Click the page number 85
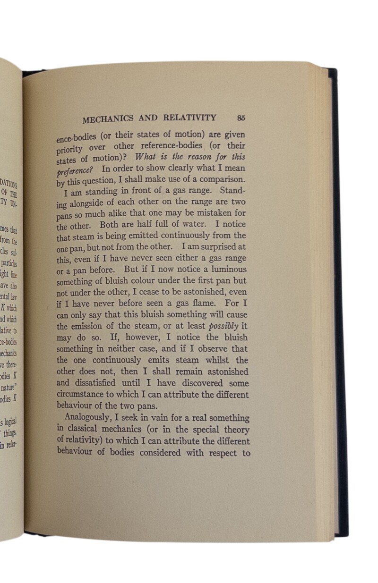click(x=241, y=118)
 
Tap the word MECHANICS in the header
click(x=108, y=119)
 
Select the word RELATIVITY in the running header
click(x=190, y=118)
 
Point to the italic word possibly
click(x=223, y=326)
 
